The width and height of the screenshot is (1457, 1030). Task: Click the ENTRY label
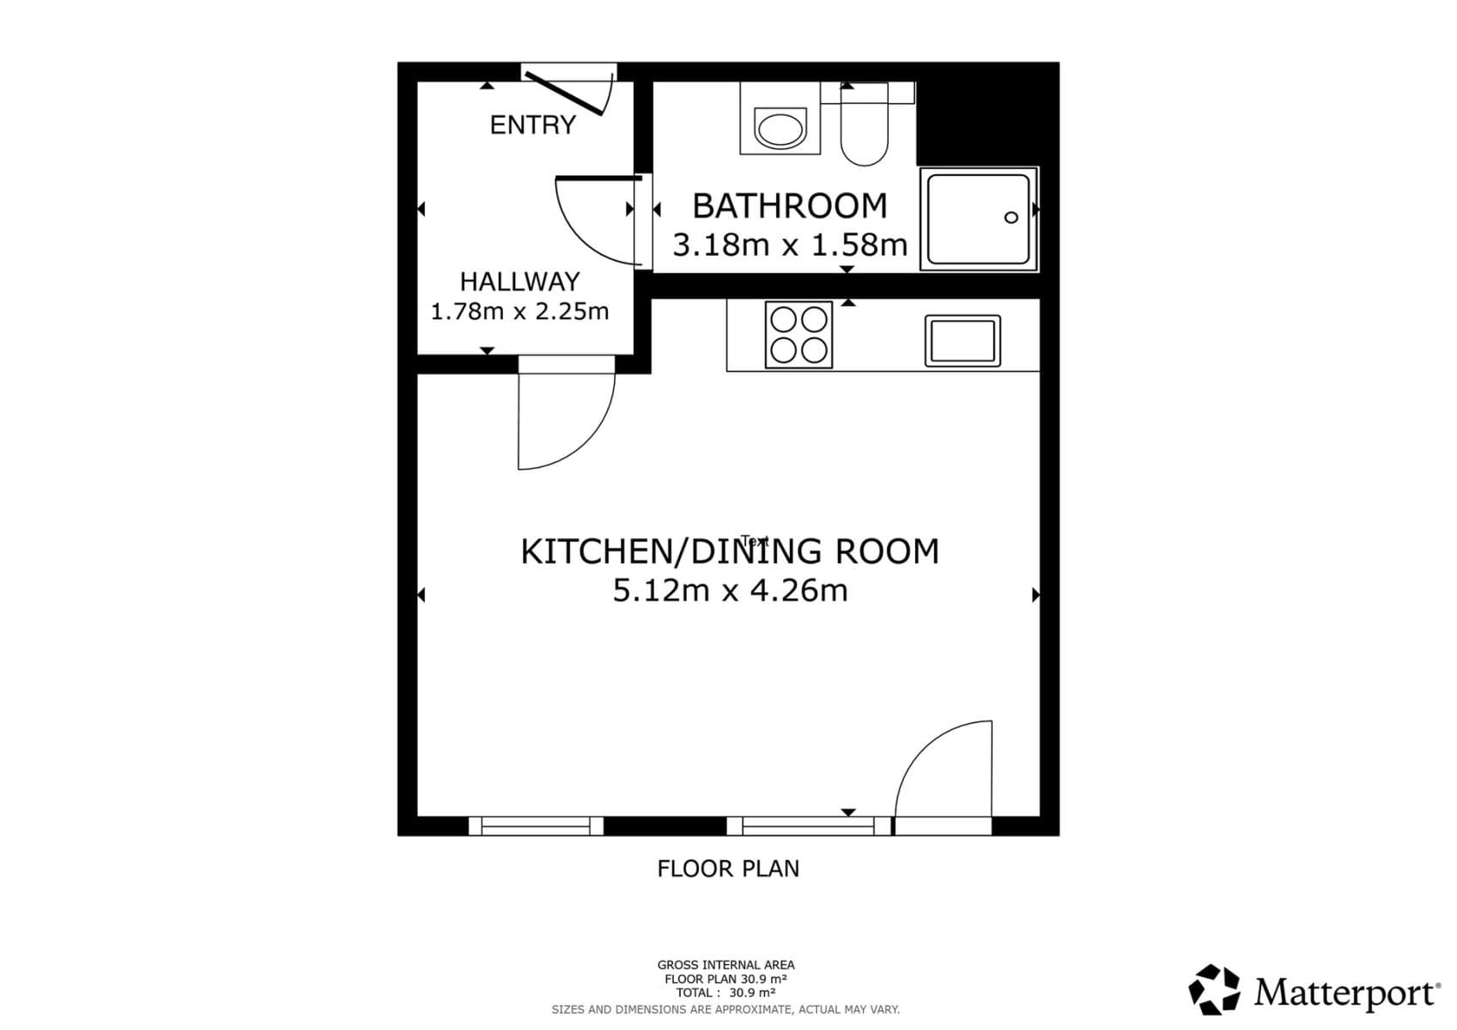pos(532,125)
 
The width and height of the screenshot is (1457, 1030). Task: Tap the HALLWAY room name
pos(519,282)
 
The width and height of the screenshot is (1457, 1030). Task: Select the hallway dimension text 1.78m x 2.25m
pos(519,311)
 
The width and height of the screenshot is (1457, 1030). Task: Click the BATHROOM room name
pos(789,206)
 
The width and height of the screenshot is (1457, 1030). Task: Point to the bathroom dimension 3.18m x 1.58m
pos(789,245)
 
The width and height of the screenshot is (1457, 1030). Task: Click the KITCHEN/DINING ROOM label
pos(730,552)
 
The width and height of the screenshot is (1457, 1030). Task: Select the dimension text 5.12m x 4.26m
pos(730,591)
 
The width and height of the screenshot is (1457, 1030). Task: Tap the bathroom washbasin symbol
pos(780,130)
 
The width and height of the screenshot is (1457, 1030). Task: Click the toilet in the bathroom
pos(864,129)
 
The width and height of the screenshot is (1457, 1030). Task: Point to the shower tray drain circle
pos(1011,217)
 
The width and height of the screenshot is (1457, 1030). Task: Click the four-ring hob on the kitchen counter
pos(798,334)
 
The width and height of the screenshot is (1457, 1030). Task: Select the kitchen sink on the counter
pos(962,341)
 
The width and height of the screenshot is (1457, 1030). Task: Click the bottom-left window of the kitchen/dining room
pos(536,826)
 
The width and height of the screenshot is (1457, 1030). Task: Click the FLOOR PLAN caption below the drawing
pos(728,869)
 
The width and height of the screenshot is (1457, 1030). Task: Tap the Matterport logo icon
pos(1214,990)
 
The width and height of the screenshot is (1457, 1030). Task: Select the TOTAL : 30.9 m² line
pos(725,993)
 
